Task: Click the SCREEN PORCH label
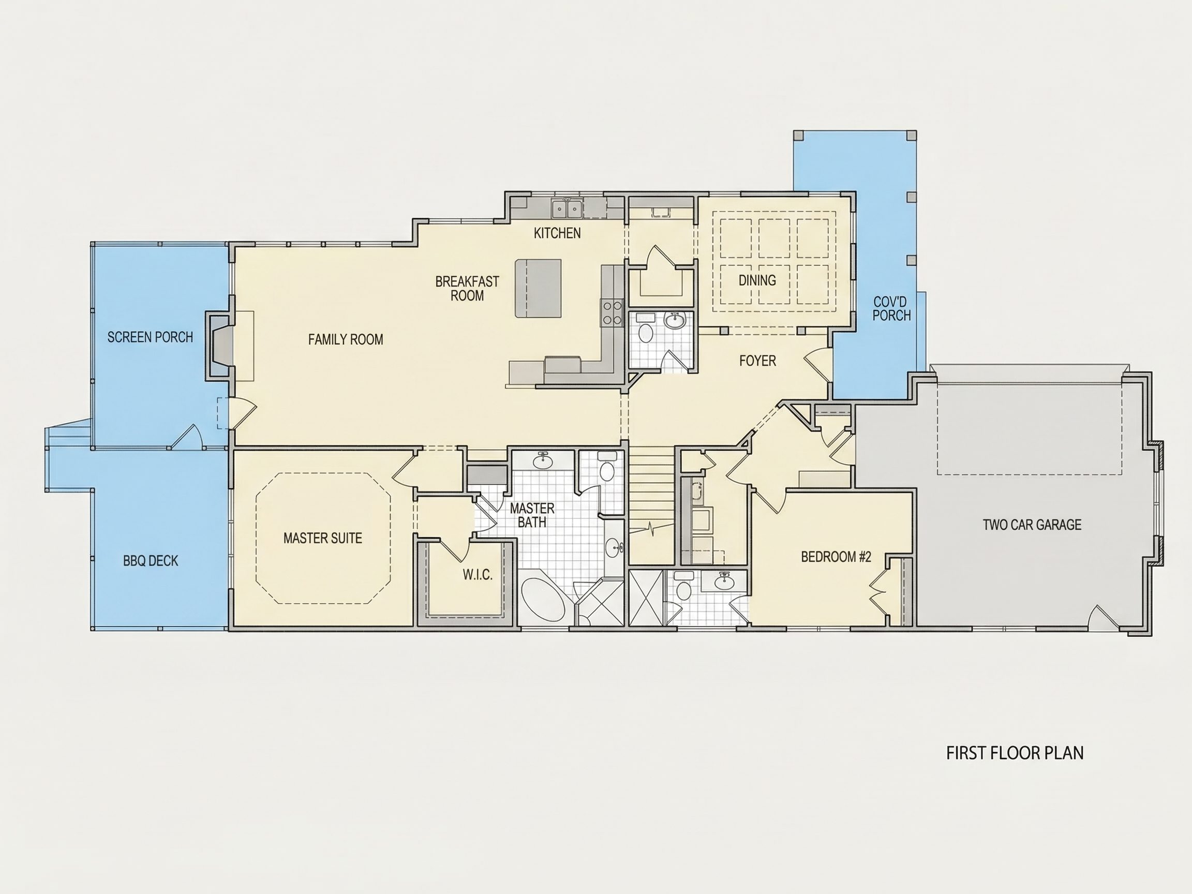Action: pyautogui.click(x=150, y=337)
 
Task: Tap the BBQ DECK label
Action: pyautogui.click(x=151, y=561)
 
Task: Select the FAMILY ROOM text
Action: pyautogui.click(x=346, y=339)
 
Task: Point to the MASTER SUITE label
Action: pyautogui.click(x=323, y=538)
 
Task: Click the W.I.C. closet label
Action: pyautogui.click(x=478, y=574)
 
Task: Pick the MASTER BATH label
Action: pyautogui.click(x=532, y=515)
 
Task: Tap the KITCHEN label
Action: pyautogui.click(x=557, y=233)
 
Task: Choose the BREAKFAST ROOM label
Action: pyautogui.click(x=467, y=288)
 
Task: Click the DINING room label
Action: pyautogui.click(x=757, y=280)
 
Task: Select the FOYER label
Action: pyautogui.click(x=757, y=361)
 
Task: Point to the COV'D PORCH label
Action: pyautogui.click(x=892, y=309)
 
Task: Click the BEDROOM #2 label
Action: pyautogui.click(x=836, y=557)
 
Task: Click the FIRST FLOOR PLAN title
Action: pyautogui.click(x=1015, y=753)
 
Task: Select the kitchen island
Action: pyautogui.click(x=538, y=288)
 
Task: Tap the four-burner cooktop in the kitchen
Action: pyautogui.click(x=612, y=312)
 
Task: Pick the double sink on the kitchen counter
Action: pyautogui.click(x=567, y=208)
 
